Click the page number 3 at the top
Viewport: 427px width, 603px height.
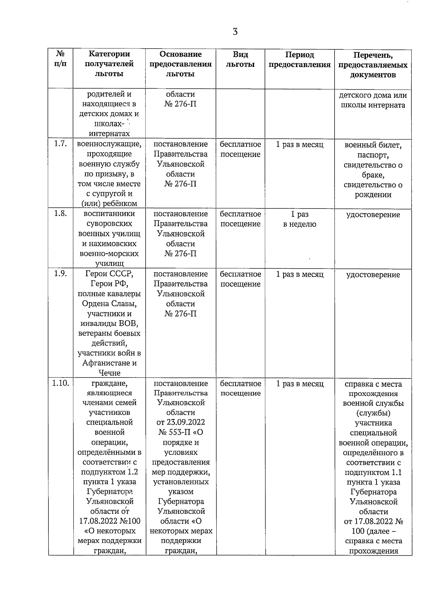pos(235,32)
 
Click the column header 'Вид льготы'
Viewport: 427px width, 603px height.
pos(240,59)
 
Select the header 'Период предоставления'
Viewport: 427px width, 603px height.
pos(300,60)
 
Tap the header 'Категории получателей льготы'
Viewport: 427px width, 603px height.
pos(109,64)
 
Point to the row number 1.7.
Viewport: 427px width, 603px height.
pos(60,144)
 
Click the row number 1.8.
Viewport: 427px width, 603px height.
pos(60,214)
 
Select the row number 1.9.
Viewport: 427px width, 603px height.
pos(60,274)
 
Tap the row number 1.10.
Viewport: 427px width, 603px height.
pos(61,384)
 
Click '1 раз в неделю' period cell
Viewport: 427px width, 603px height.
pos(300,219)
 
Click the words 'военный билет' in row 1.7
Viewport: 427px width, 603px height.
pos(373,146)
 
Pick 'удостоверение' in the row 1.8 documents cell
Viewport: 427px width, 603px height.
pos(373,215)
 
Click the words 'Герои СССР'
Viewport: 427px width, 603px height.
pos(109,274)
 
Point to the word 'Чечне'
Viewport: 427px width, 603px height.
pos(110,373)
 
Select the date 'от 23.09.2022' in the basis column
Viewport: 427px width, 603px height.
pos(180,422)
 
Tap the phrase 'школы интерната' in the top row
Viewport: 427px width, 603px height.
pos(373,105)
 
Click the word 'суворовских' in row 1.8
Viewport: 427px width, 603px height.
pos(109,224)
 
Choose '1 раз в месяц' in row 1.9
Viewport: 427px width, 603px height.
pos(300,275)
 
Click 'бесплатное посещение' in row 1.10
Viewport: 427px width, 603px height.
pos(240,388)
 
